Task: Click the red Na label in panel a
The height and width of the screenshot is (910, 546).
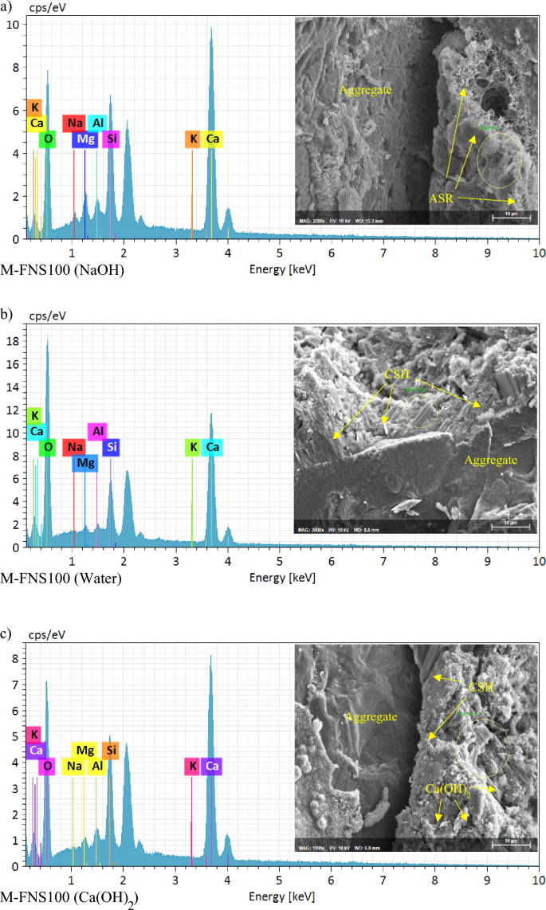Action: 75,123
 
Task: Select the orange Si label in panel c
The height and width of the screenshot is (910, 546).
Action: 111,750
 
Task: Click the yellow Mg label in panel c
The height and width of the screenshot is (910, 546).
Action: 85,750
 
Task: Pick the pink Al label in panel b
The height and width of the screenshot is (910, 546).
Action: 97,431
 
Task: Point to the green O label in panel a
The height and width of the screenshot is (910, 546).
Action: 48,139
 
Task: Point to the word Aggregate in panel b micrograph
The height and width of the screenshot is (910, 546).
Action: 492,460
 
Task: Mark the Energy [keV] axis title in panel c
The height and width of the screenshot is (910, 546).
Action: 282,896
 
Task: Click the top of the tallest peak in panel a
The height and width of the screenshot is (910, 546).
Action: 211,27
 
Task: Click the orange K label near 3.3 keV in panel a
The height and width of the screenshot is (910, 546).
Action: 192,139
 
